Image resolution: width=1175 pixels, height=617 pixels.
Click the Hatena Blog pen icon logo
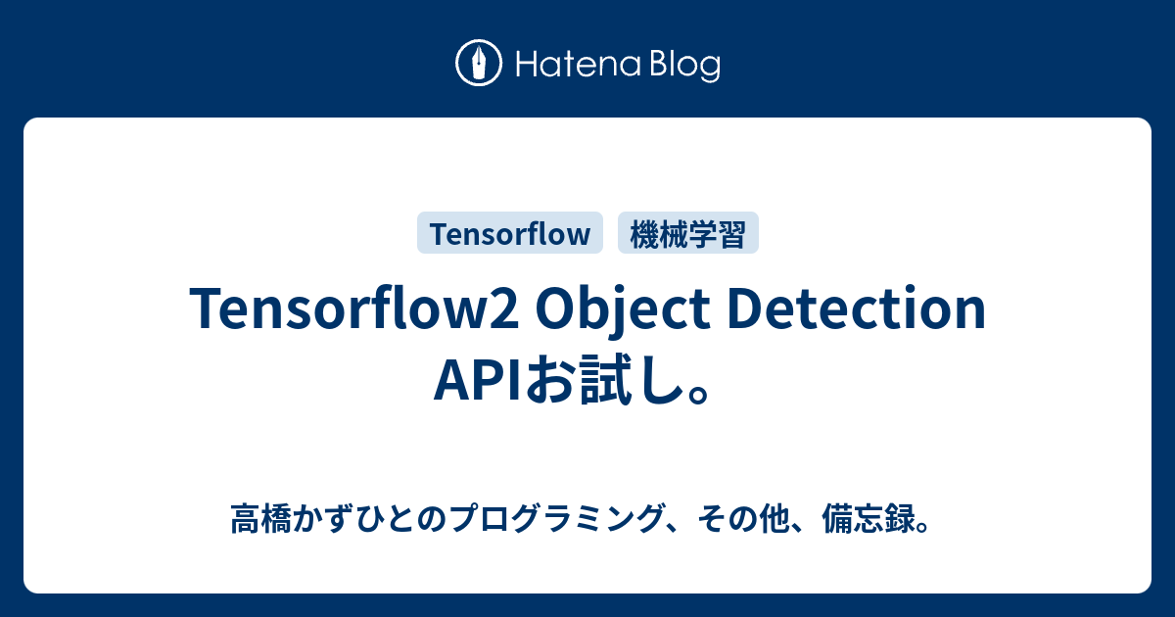click(x=479, y=64)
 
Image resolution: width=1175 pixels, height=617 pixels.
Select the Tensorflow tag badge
click(x=510, y=234)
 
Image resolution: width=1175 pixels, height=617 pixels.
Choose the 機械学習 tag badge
click(x=688, y=234)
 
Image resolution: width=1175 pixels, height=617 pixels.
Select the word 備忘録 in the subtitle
click(x=863, y=519)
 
